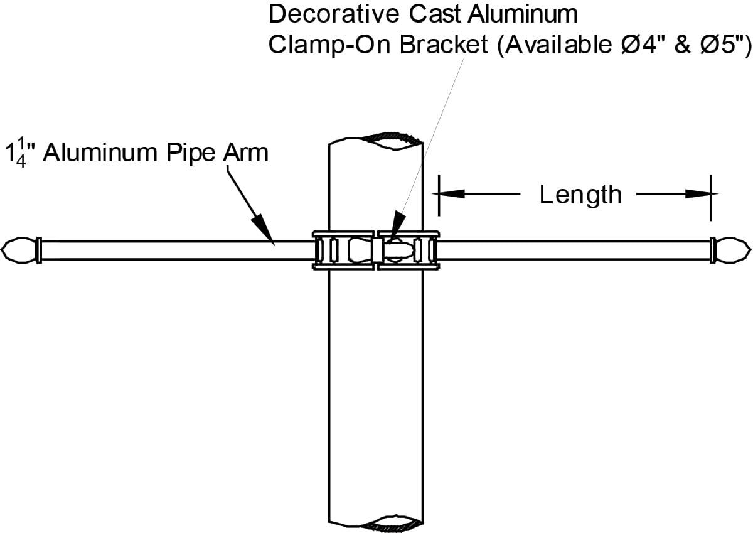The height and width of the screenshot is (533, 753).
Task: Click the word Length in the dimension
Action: (580, 195)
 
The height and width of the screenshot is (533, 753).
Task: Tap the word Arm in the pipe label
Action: (247, 153)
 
